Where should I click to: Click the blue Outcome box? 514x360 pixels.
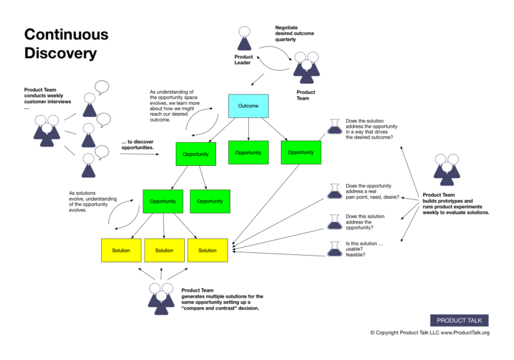(x=248, y=106)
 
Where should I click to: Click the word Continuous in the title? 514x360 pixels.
(x=66, y=34)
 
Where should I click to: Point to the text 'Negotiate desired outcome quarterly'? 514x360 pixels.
(x=294, y=33)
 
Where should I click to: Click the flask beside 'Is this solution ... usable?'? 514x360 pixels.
(x=334, y=248)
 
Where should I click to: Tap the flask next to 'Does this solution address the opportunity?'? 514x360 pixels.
(x=334, y=220)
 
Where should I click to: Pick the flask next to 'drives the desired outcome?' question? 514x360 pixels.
(x=334, y=126)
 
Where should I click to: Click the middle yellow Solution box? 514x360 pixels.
(x=164, y=250)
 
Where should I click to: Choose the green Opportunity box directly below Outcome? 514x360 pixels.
(x=248, y=153)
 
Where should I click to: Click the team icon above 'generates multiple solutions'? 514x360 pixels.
(x=161, y=298)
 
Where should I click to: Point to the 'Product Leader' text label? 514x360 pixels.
(x=243, y=60)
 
